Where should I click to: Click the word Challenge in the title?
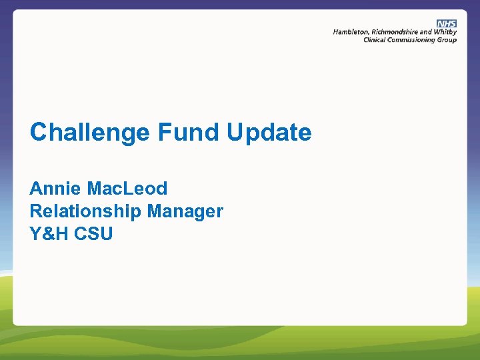pos(90,133)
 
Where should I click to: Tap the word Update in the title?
pos(269,133)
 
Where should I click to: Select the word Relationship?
pos(85,212)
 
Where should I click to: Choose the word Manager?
pos(185,212)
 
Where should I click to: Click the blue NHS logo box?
pos(447,23)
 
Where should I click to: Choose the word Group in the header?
pos(447,40)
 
